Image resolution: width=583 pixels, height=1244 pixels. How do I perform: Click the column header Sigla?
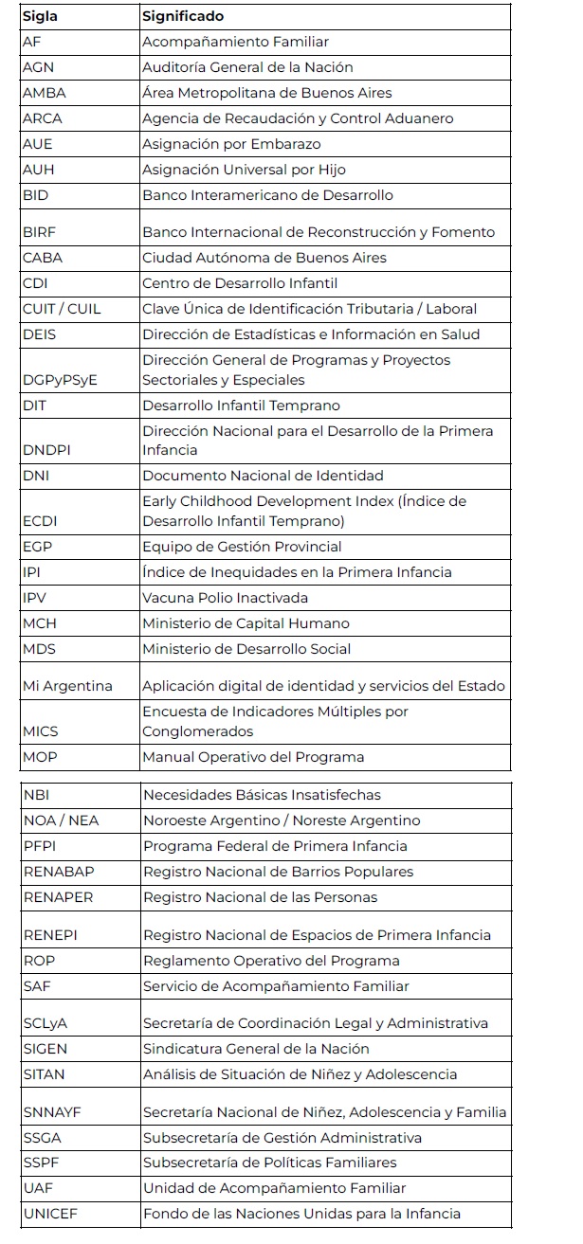click(39, 17)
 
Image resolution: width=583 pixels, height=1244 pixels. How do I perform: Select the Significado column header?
click(183, 17)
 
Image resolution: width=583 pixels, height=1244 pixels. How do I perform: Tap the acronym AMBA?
click(44, 93)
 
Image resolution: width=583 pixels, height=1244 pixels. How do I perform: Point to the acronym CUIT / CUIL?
click(62, 309)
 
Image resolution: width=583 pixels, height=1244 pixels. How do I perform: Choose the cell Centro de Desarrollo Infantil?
click(240, 283)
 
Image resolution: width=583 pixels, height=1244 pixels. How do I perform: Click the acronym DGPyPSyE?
click(60, 380)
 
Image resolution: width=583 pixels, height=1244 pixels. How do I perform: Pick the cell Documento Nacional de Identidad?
click(263, 476)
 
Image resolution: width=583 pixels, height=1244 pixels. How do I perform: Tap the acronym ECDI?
click(40, 521)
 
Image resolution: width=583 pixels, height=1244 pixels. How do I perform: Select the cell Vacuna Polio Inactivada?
click(225, 598)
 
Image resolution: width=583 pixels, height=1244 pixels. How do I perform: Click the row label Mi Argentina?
click(66, 686)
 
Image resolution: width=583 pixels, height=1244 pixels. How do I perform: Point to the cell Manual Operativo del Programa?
click(253, 757)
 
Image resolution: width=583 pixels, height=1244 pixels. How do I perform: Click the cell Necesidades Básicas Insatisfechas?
click(262, 795)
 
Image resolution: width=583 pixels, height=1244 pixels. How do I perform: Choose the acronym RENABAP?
click(59, 872)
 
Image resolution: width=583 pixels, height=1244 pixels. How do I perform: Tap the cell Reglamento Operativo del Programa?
click(271, 961)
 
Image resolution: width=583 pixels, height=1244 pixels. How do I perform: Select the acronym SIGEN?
click(46, 1049)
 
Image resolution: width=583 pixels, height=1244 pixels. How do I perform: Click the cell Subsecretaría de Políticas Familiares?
click(270, 1163)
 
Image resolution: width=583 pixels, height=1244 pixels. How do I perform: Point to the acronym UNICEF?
click(48, 1214)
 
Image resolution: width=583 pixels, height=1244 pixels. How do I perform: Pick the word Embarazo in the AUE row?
click(288, 144)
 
